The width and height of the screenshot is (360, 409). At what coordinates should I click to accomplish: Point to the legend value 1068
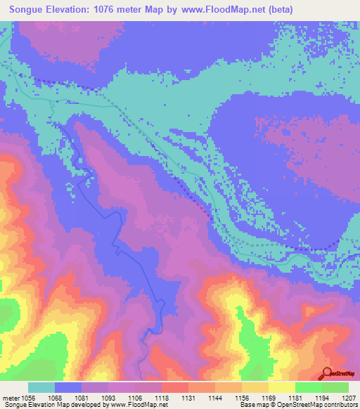[x=55, y=397]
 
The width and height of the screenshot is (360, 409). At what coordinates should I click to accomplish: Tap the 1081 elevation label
[x=82, y=397]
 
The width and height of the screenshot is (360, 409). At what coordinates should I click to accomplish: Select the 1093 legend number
[x=108, y=397]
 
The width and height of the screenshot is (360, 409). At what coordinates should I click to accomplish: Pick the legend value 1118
[x=162, y=397]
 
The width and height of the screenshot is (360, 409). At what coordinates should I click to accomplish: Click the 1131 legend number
[x=188, y=397]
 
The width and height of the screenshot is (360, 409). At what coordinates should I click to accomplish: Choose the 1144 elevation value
[x=215, y=397]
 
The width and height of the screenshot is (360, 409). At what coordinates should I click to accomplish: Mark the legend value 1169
[x=269, y=397]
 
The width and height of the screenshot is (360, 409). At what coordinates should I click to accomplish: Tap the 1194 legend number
[x=322, y=397]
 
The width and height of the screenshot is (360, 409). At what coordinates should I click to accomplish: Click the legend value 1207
[x=348, y=397]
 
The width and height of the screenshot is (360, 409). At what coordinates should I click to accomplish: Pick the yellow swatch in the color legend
[x=281, y=387]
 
